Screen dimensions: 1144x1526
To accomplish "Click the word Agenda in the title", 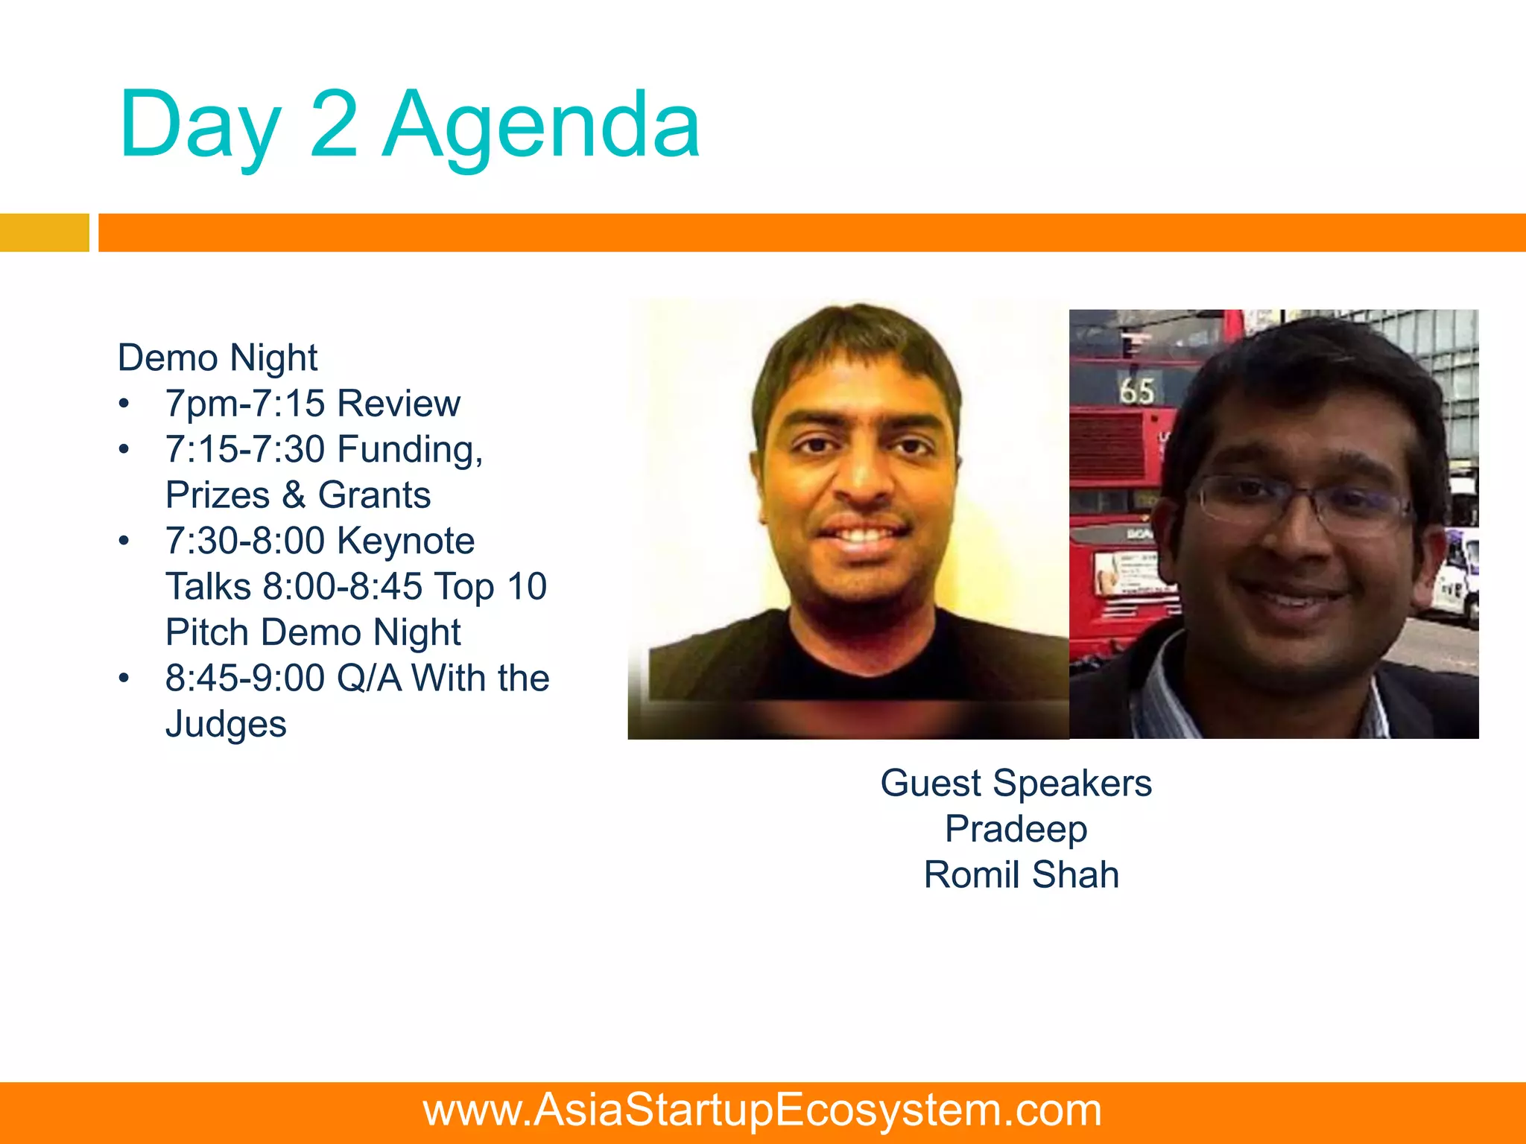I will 541,127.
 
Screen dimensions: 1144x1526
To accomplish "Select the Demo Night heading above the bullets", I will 218,357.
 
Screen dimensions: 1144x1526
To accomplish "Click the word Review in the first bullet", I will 399,404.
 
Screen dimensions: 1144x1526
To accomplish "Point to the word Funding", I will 409,450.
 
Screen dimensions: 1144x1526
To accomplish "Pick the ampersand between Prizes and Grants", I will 294,495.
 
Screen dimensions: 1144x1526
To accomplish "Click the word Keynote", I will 406,541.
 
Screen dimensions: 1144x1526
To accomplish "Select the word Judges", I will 226,724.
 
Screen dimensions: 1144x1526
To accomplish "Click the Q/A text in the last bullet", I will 369,679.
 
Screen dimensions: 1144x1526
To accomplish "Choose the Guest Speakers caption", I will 1016,784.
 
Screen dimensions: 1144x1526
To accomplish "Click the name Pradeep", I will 1016,829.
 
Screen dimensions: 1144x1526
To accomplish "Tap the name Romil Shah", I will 1021,875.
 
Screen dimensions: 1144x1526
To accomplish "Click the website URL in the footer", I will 762,1110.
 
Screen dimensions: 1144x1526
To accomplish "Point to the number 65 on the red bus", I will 1136,390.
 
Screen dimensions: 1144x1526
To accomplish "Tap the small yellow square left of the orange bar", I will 44,232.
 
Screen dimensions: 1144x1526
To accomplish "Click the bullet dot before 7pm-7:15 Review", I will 124,404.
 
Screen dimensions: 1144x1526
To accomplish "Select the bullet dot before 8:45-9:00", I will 124,679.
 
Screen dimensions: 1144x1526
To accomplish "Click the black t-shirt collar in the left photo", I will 864,655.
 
